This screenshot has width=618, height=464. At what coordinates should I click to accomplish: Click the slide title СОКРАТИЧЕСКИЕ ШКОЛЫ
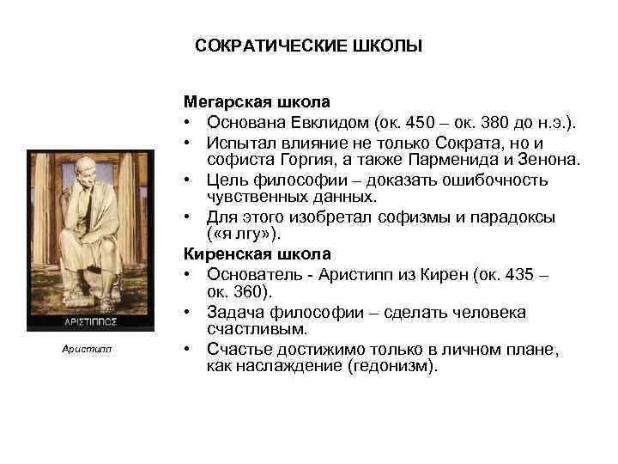coord(309,45)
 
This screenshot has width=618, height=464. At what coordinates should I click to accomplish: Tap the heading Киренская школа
coord(244,254)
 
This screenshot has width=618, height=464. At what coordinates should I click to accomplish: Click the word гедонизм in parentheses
coord(389,366)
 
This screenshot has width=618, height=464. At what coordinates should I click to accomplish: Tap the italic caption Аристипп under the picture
coord(90,349)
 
